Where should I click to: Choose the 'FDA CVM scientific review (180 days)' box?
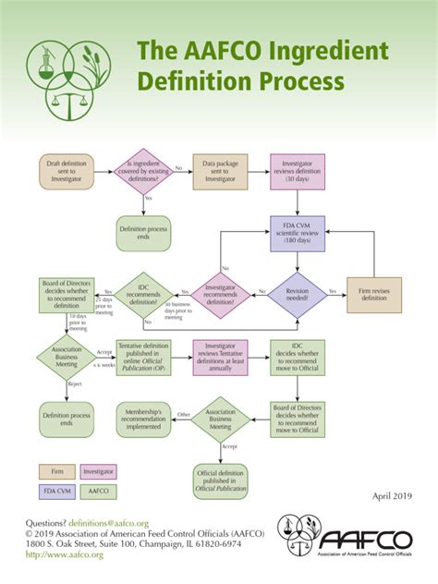coord(296,231)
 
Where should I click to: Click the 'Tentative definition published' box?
coord(144,356)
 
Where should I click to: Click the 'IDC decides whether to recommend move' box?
coord(297,356)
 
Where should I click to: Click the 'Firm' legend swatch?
coord(57,471)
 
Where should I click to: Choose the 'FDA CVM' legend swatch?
coord(57,492)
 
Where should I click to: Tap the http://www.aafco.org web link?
coord(53,554)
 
